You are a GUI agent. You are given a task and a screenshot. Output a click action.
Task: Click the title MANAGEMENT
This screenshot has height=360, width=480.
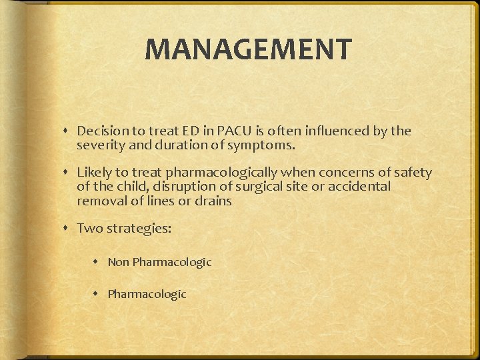248,49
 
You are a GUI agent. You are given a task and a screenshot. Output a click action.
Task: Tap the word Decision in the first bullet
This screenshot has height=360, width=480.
100,131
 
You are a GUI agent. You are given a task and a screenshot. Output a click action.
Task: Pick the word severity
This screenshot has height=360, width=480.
99,145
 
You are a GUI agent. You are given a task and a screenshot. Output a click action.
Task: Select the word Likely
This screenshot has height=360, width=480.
94,173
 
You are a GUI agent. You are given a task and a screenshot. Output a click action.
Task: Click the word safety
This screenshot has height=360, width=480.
413,173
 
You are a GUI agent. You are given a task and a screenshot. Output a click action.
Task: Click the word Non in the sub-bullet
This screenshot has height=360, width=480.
118,262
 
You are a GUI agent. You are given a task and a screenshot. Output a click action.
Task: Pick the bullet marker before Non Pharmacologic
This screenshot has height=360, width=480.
99,263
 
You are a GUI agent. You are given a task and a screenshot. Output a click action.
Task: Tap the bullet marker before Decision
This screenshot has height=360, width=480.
69,131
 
